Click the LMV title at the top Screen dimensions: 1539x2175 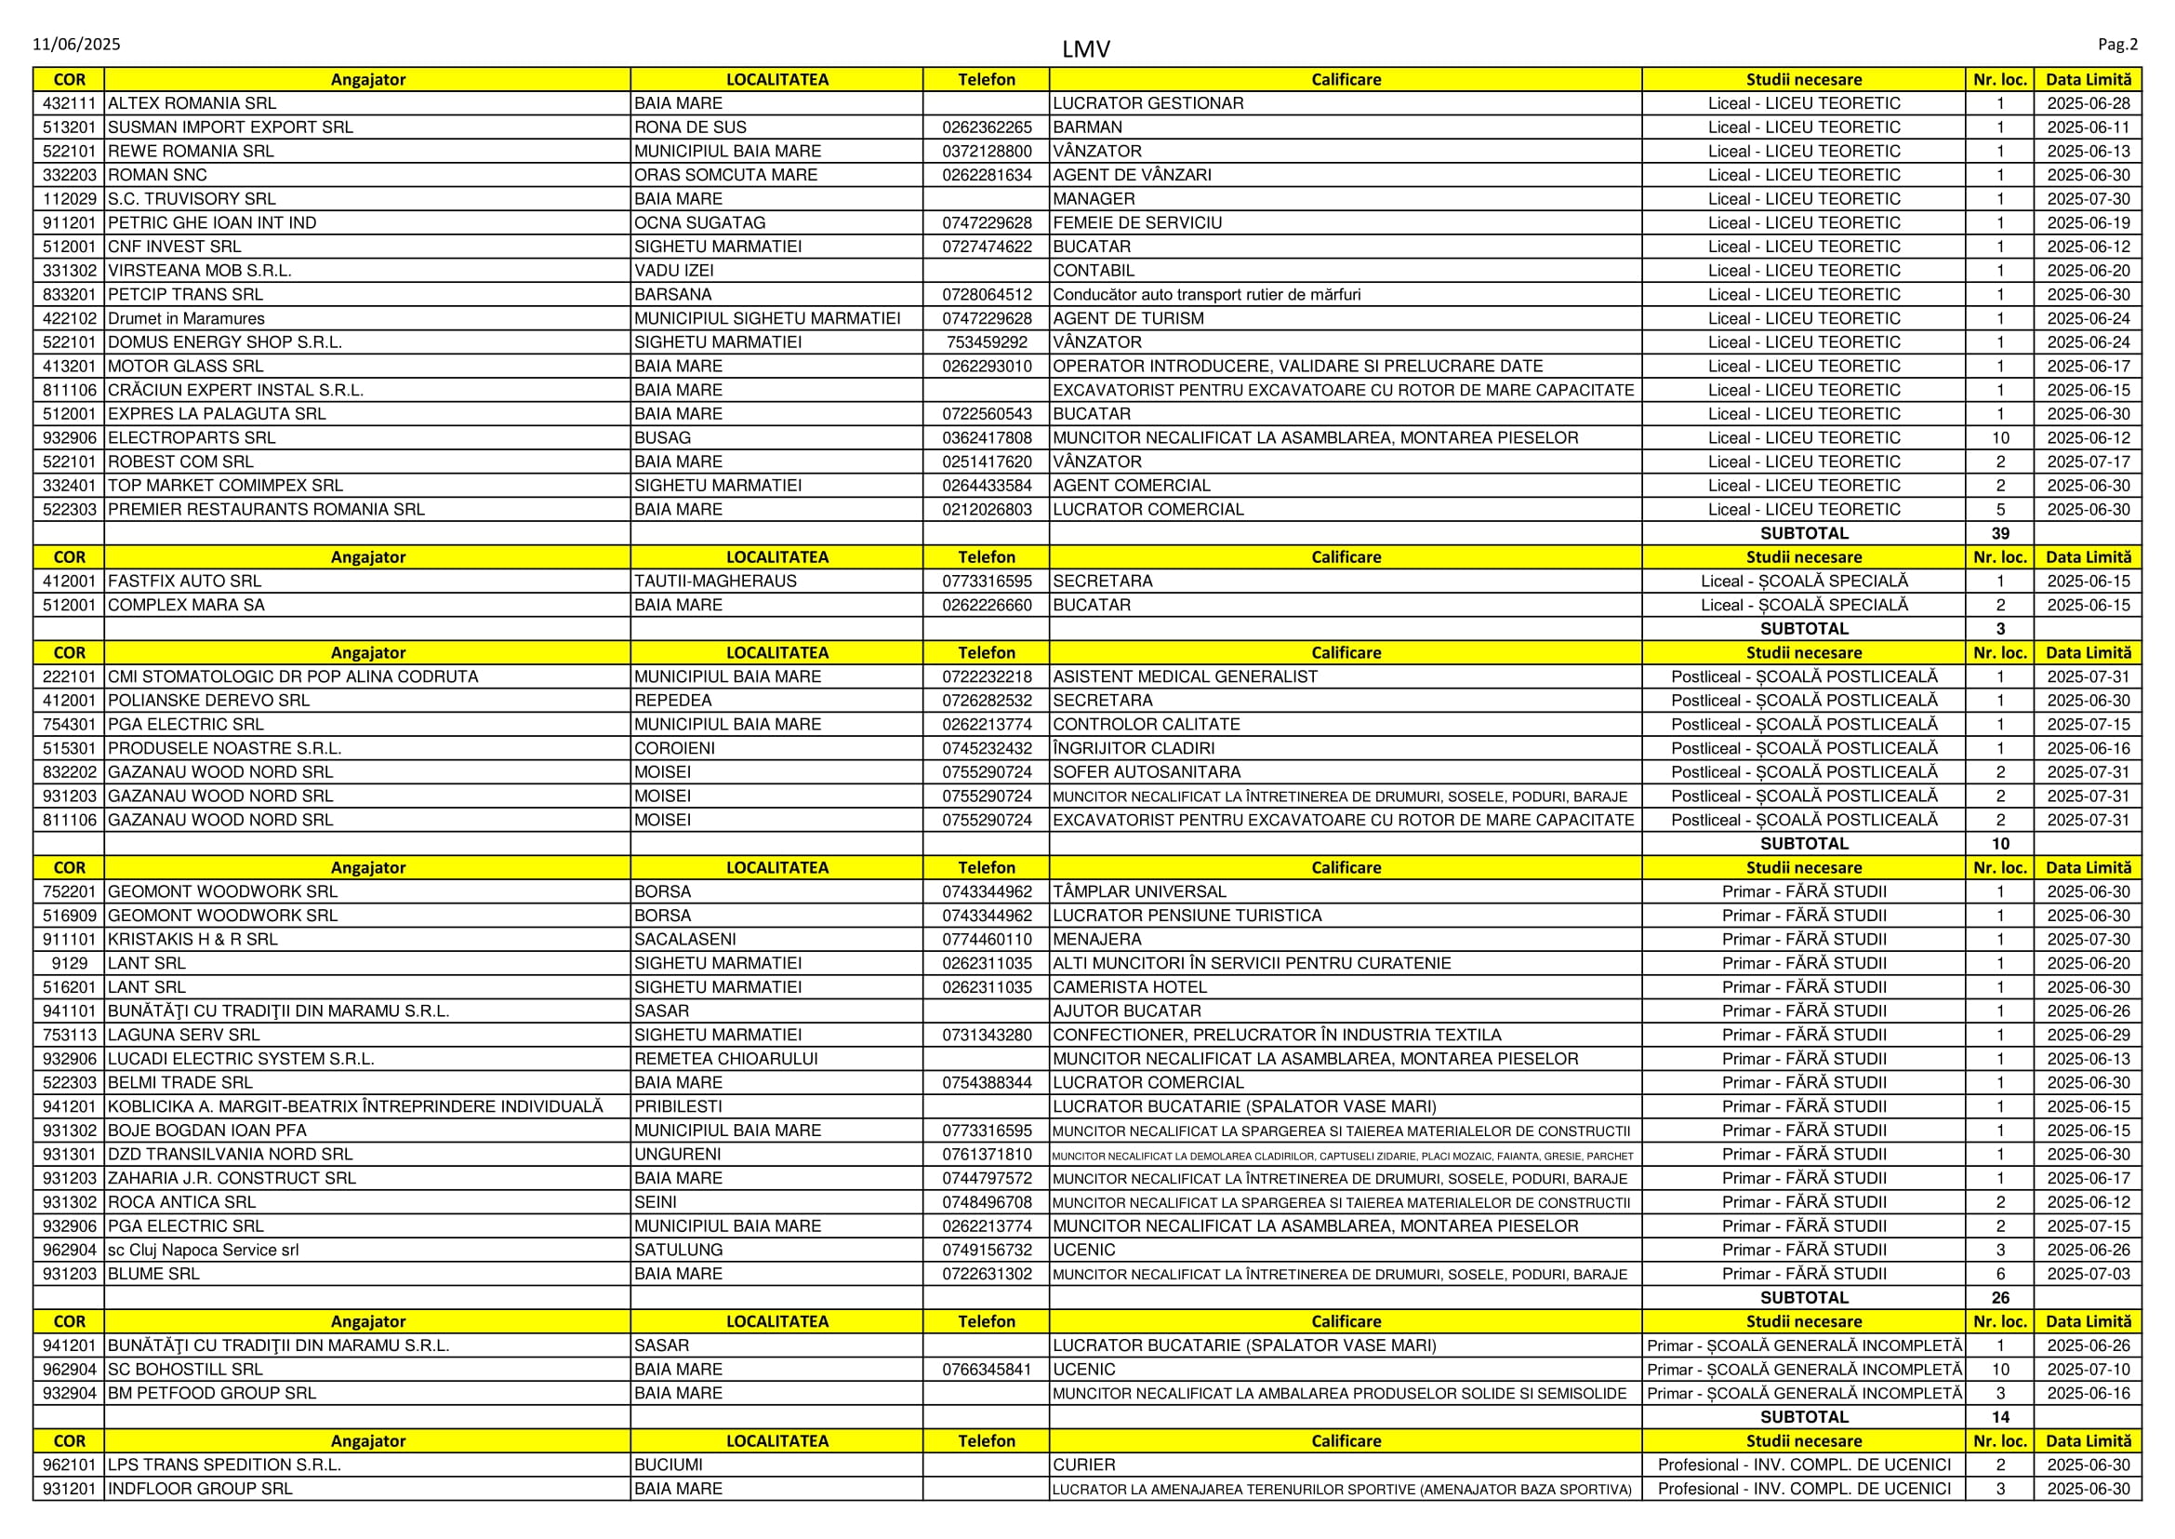1085,49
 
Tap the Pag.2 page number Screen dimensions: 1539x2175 2117,45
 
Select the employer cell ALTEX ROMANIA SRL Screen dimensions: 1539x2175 192,103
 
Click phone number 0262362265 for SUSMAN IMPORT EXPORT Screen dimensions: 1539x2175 986,127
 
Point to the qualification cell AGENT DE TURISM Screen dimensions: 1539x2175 1128,318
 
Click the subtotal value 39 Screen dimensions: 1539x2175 2000,533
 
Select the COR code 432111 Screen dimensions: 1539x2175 69,103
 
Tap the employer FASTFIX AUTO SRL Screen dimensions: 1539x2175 185,581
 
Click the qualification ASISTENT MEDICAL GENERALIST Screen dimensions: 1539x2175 1185,676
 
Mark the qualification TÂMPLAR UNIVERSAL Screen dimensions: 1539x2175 1140,891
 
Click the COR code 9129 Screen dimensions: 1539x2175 69,963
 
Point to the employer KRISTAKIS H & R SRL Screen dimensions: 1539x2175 193,939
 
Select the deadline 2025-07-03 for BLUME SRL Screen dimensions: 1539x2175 2088,1274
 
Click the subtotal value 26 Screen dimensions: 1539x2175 2000,1297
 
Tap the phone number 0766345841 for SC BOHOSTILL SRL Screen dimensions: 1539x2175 986,1370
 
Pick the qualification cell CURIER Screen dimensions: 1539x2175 1084,1465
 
